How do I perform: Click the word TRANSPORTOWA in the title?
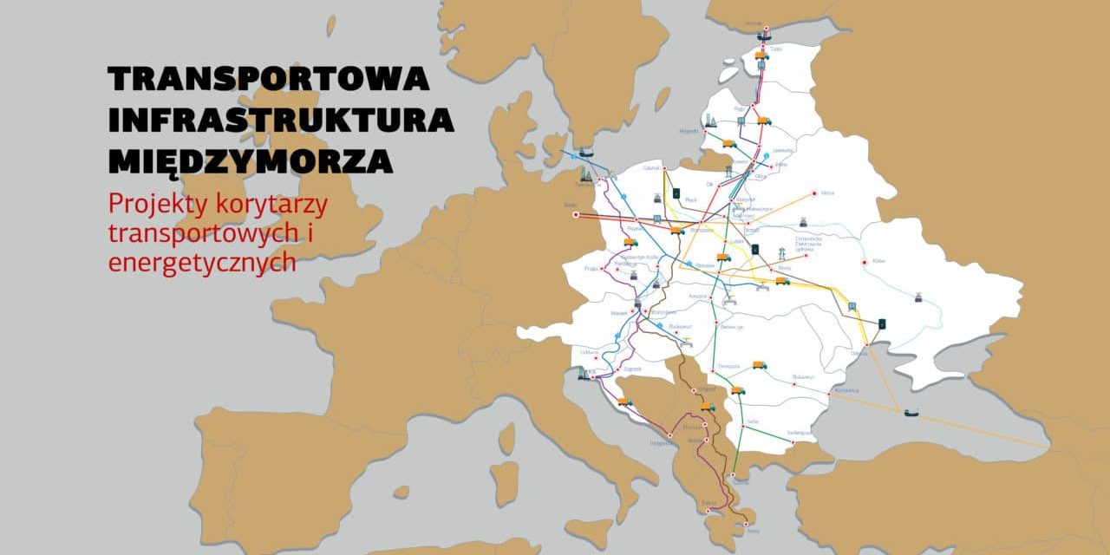click(268, 79)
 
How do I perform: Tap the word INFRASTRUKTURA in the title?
click(281, 120)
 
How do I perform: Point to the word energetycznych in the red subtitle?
click(202, 262)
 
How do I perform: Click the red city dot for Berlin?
click(576, 215)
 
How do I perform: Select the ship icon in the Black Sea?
click(913, 413)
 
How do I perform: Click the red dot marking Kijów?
click(863, 263)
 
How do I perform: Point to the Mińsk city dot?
click(814, 193)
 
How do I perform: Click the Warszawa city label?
click(702, 230)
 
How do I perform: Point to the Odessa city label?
click(859, 353)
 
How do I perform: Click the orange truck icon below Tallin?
click(761, 55)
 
